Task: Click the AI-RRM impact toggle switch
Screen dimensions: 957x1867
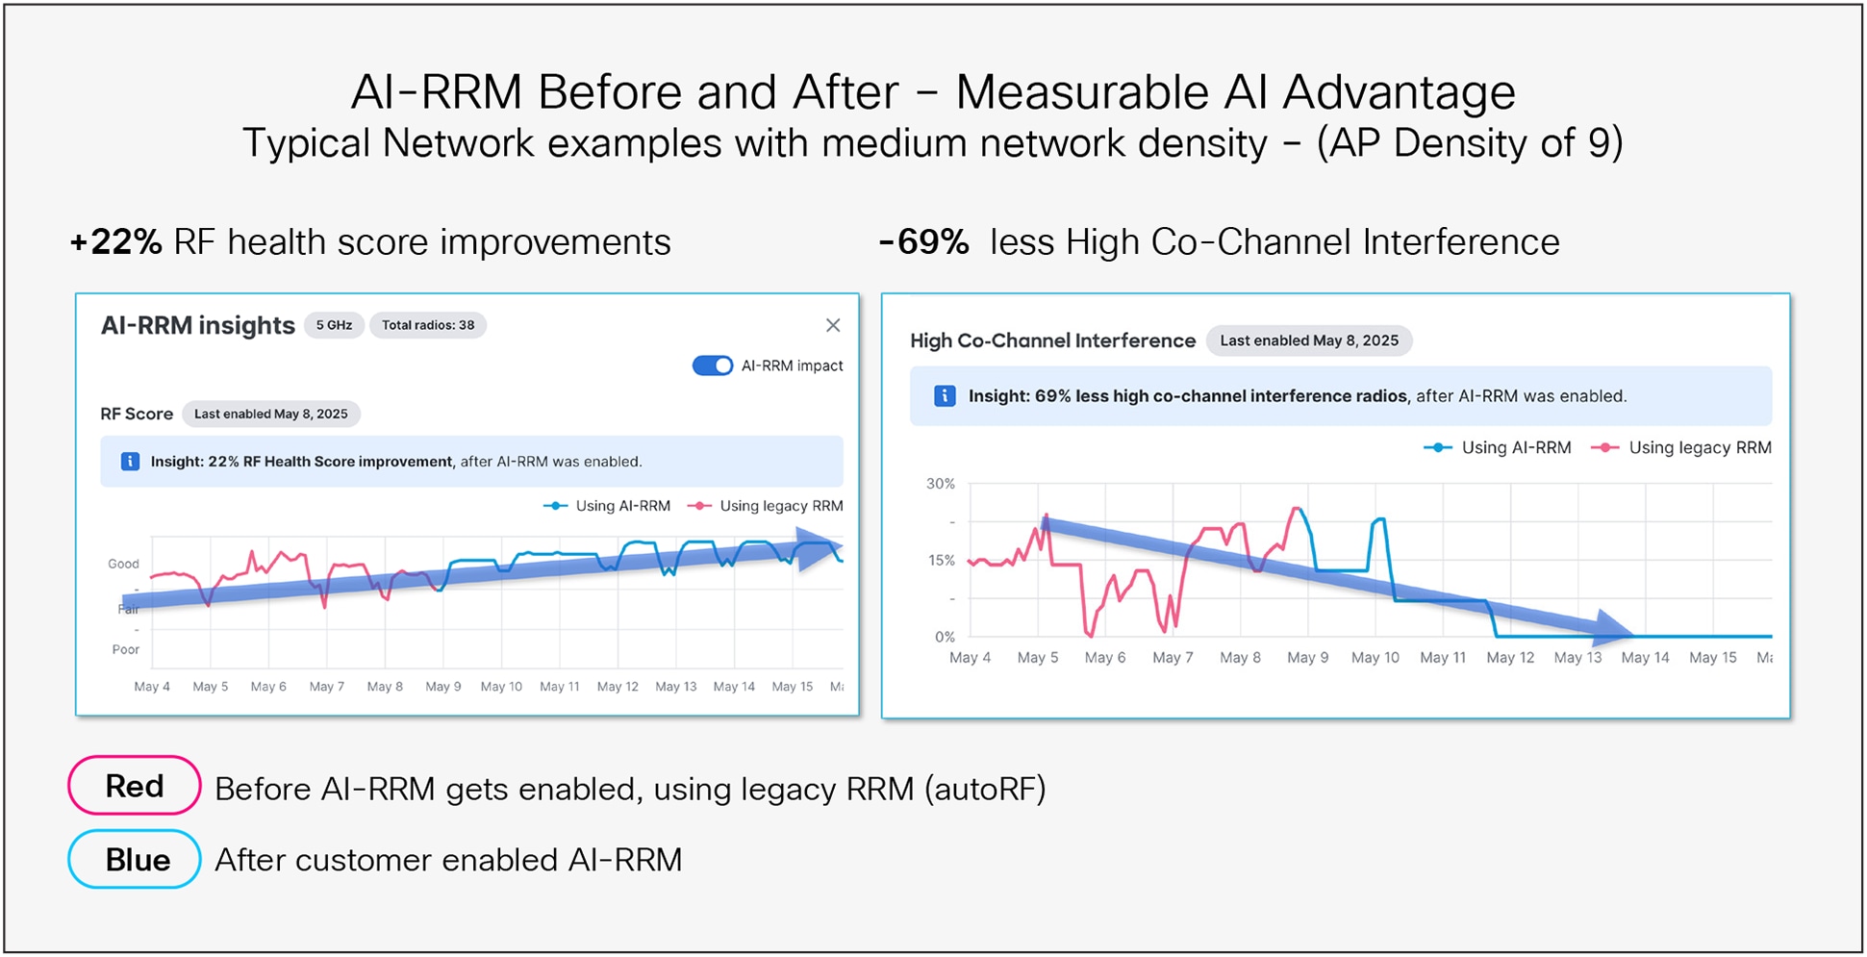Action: coord(713,365)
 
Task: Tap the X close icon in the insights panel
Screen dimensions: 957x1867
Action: coord(833,325)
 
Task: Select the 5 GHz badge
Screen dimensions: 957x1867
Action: coord(334,325)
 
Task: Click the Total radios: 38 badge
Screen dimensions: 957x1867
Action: coord(428,325)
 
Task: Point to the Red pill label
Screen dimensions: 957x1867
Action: coord(134,786)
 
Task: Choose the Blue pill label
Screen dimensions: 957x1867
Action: coord(134,859)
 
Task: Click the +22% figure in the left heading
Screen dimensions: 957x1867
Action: coord(116,242)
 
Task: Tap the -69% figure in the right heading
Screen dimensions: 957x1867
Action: coord(923,242)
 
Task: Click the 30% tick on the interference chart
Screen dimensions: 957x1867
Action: coord(940,484)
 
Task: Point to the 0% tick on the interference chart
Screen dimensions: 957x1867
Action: coord(945,637)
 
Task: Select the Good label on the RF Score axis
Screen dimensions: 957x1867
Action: coord(123,564)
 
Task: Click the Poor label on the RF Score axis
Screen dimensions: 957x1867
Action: coord(125,649)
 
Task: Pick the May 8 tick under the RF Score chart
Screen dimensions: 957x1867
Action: coord(385,687)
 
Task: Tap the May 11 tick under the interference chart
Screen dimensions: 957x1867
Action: coord(1443,658)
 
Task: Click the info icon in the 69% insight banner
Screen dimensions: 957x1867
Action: coord(945,396)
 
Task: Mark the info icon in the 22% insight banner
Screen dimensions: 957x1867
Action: coord(130,462)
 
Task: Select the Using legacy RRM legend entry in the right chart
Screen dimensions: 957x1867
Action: coord(1681,448)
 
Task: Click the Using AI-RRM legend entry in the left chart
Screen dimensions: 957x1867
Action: coord(608,506)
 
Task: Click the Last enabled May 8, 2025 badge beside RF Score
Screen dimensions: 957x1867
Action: coord(271,415)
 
